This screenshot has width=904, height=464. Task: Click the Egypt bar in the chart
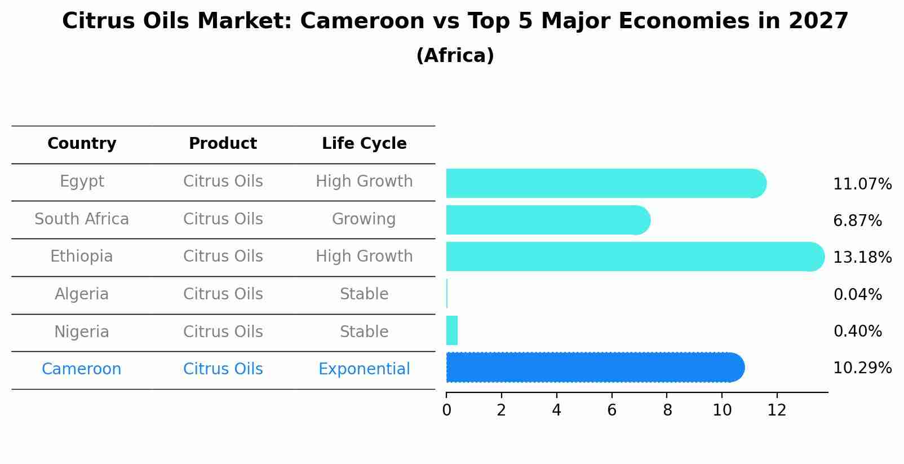606,183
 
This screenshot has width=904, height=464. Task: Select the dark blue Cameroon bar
595,368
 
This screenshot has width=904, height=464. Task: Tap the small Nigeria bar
452,330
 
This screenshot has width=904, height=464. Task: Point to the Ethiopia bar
635,257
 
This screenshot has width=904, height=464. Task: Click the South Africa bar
548,220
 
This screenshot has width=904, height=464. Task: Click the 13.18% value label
862,258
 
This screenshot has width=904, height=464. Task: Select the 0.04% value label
857,294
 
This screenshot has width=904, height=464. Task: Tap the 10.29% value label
862,368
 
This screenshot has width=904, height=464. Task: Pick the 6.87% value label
857,221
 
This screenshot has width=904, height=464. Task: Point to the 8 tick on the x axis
667,410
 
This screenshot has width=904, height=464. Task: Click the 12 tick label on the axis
777,410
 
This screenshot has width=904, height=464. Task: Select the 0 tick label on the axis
446,410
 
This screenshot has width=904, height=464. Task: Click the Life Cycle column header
364,144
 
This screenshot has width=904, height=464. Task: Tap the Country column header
82,144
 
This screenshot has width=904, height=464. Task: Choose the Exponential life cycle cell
364,369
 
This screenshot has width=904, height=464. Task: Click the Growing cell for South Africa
364,219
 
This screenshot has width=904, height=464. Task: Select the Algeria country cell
82,294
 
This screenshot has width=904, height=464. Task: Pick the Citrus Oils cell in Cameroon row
223,369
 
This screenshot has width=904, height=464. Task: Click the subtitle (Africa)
455,56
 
